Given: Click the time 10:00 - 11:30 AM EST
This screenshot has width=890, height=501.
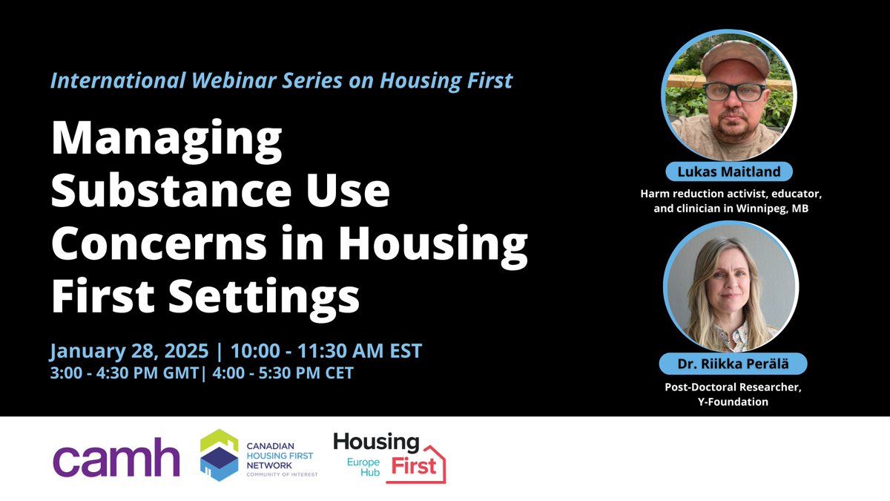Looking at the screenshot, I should (326, 350).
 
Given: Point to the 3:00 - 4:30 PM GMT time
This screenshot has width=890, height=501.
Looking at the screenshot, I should (119, 372).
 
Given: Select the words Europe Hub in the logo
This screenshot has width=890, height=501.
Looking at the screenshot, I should (364, 468).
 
